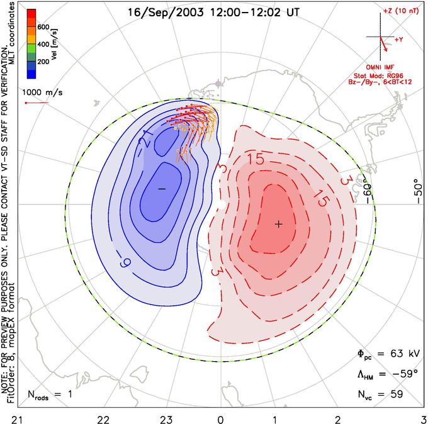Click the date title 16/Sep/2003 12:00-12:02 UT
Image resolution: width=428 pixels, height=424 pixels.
(x=213, y=13)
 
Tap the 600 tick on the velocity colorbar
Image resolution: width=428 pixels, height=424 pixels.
(x=43, y=27)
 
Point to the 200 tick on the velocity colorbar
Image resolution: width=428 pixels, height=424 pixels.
(x=43, y=62)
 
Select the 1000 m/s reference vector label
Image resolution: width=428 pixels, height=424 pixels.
(x=42, y=92)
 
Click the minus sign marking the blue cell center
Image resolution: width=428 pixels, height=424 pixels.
(x=162, y=189)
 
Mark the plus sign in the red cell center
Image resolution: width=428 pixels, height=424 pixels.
(x=278, y=225)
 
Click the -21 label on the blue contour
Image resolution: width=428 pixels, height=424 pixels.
(x=146, y=138)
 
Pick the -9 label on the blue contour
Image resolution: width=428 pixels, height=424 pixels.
(x=124, y=262)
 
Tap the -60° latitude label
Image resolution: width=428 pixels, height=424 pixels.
(x=368, y=193)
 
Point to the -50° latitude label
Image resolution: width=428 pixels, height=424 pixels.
(x=418, y=191)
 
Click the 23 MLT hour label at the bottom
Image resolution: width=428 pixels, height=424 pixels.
(x=166, y=420)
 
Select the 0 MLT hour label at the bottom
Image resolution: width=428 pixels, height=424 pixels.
(x=220, y=420)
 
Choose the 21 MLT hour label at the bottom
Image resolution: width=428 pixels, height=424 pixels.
(x=18, y=420)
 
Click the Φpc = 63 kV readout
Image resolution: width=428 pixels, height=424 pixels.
(x=388, y=354)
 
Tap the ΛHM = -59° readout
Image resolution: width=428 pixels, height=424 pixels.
(x=388, y=374)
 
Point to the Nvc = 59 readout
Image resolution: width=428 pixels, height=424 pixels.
(x=380, y=394)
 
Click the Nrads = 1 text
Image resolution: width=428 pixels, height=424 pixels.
(x=50, y=394)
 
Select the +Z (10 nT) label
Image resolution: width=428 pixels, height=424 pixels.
(x=401, y=11)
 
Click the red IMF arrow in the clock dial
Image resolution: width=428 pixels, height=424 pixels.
(x=383, y=43)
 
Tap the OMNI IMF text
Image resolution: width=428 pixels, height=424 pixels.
(x=380, y=67)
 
